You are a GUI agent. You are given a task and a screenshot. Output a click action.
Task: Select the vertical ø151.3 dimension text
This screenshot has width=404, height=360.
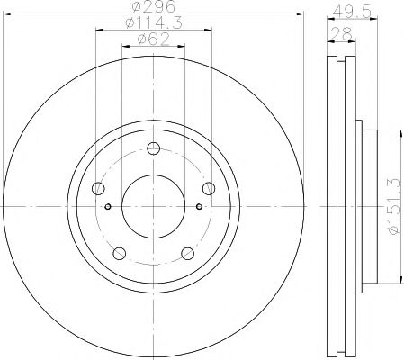coord(390,206)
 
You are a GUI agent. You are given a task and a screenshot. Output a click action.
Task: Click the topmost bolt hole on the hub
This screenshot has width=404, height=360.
coord(153,149)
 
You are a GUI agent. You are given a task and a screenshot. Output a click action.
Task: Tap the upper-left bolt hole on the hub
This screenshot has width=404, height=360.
coord(99,188)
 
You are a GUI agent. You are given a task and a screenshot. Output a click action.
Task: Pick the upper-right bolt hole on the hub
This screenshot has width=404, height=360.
coord(209,188)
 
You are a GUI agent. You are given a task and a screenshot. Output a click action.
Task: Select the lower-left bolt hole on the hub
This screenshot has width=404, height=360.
coord(119,253)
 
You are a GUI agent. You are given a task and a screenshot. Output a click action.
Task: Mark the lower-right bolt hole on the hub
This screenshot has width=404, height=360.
coord(188,253)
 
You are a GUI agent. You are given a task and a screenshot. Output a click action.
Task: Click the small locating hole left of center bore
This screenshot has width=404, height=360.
coord(109,206)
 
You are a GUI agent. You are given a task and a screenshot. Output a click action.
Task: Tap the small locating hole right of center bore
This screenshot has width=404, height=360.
coord(199,206)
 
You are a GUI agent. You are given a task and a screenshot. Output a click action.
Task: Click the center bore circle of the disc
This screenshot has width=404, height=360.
coord(153,206)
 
